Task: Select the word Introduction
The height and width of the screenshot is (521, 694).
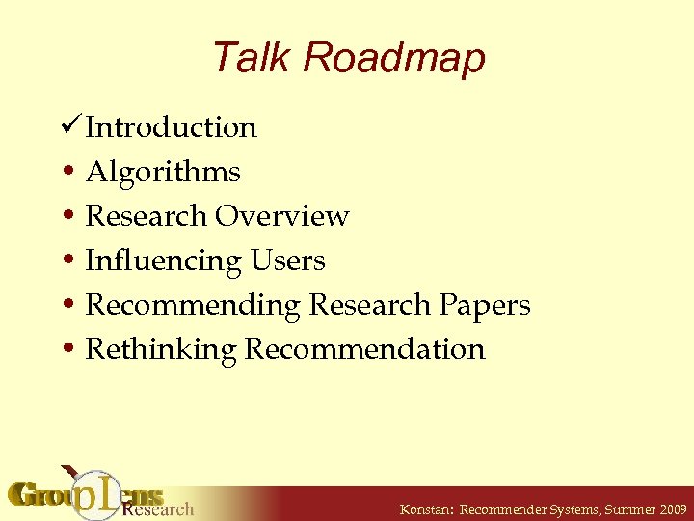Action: pos(171,127)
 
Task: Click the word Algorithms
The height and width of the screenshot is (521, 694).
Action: pos(163,173)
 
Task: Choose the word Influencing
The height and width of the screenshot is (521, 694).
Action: pos(163,261)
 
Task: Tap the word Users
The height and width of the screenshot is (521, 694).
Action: pos(287,260)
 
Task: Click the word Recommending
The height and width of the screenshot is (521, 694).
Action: pos(193,305)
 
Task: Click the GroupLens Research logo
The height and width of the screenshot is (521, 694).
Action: pos(101,494)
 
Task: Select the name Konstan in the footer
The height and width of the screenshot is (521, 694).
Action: pos(425,509)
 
